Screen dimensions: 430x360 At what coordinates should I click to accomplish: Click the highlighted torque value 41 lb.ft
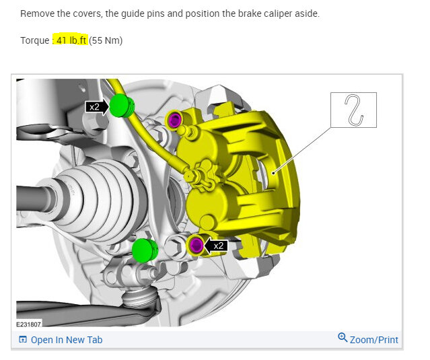click(x=71, y=40)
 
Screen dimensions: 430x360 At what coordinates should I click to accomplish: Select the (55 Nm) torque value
click(x=106, y=40)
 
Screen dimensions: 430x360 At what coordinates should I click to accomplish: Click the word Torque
click(x=34, y=40)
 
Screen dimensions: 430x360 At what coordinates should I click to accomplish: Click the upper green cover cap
click(x=122, y=106)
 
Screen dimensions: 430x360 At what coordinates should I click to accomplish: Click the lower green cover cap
click(x=145, y=250)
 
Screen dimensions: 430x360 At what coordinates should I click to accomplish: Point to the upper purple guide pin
click(x=175, y=120)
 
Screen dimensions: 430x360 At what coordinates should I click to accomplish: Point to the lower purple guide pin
click(x=196, y=244)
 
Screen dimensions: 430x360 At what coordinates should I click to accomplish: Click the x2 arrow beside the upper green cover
click(x=97, y=107)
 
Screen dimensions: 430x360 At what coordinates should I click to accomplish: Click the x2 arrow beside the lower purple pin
click(x=216, y=246)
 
